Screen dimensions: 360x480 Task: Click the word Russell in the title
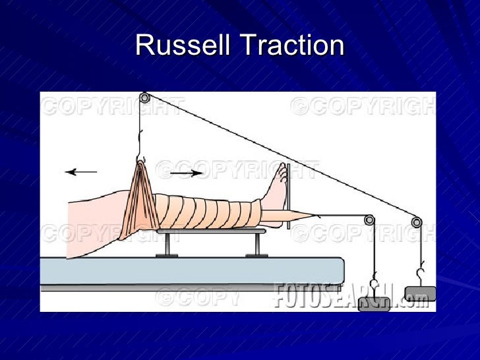[183, 46]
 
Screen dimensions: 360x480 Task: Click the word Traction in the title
[293, 46]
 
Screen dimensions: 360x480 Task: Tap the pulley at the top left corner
[144, 98]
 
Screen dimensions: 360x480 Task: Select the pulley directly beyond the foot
[369, 220]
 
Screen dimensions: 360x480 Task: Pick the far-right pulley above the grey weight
[417, 222]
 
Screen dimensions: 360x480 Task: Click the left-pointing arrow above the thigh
[80, 172]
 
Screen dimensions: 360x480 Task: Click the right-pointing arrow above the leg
[187, 173]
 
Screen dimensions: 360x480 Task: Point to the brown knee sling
[138, 198]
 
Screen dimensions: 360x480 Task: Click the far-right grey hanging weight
[420, 294]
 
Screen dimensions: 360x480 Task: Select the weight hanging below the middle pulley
[373, 303]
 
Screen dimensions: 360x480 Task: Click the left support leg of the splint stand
[167, 245]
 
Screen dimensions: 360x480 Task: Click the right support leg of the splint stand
[256, 245]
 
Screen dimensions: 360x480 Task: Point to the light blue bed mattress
[191, 270]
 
